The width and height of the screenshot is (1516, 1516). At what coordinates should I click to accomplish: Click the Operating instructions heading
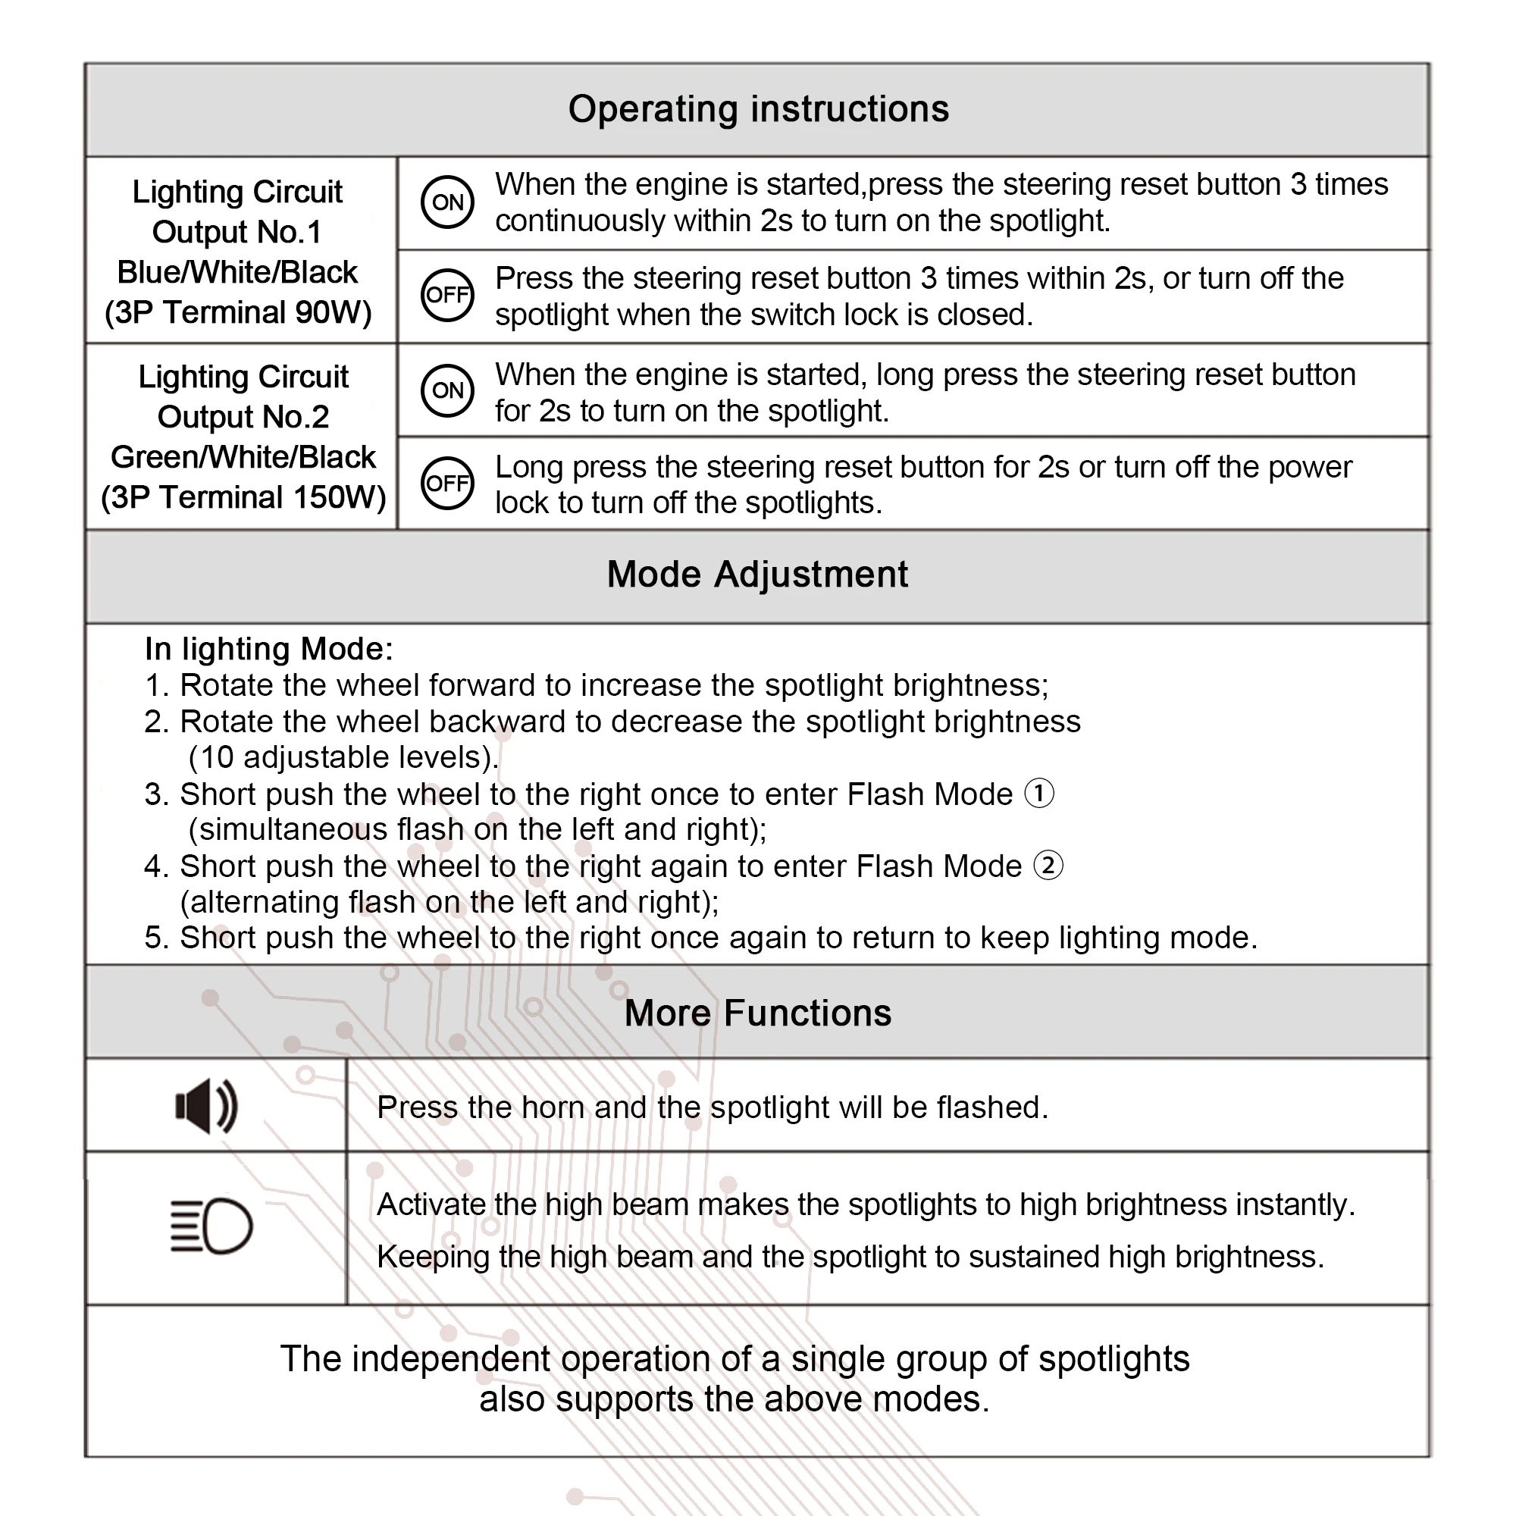(758, 109)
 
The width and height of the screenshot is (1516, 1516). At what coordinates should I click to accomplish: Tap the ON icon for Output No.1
(447, 202)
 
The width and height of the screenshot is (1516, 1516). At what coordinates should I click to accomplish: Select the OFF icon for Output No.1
(447, 295)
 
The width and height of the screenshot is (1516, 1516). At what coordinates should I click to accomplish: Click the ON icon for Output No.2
(447, 390)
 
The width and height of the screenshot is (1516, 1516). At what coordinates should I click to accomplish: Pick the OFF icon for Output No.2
(447, 483)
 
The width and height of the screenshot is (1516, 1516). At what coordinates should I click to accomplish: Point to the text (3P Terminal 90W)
(238, 312)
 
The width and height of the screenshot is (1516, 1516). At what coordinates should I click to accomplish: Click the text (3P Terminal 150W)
(243, 497)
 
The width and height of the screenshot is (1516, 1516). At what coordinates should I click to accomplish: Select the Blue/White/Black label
(237, 272)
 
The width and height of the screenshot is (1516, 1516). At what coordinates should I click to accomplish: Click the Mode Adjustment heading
(757, 575)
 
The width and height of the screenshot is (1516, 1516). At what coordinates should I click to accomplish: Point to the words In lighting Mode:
(268, 649)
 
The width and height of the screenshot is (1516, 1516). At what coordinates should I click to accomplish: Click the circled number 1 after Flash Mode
(1040, 794)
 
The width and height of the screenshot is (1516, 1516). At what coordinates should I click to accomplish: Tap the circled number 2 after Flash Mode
(1048, 866)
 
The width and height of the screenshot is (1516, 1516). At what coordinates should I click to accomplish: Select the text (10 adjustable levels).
(343, 757)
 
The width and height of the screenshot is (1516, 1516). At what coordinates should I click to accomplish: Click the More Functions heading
(758, 1013)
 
